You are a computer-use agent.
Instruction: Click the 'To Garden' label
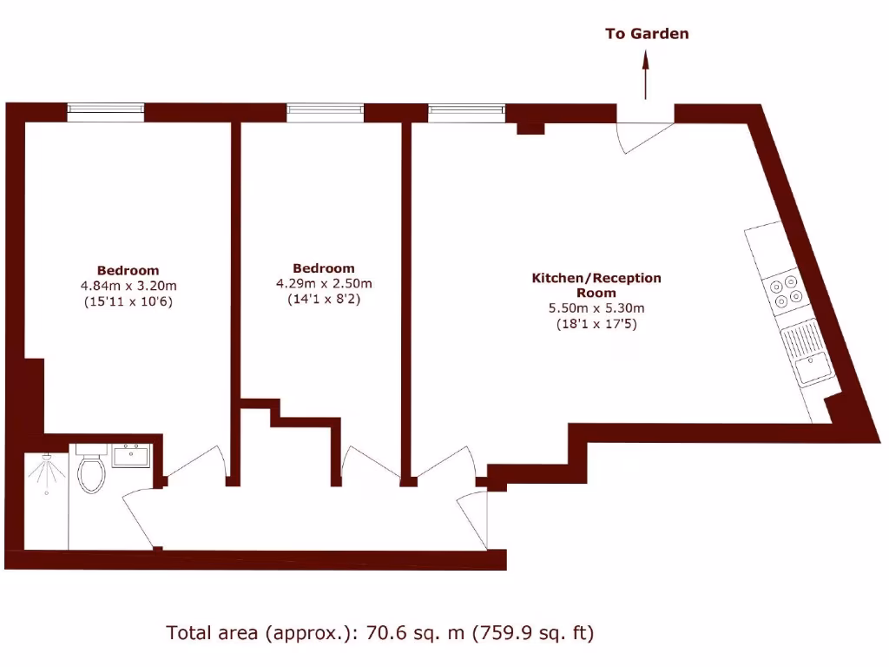(647, 34)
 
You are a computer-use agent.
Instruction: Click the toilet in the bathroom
(90, 471)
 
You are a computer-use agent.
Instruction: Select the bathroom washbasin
(133, 455)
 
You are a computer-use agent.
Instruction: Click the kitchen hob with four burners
(783, 291)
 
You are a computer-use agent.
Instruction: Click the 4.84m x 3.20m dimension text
(128, 286)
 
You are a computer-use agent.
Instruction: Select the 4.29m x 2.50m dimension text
(323, 283)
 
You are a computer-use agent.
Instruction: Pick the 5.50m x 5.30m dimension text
(596, 308)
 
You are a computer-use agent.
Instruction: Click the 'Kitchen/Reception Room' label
(596, 285)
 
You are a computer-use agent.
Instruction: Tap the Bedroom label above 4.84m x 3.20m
(128, 270)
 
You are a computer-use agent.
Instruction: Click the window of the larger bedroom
(106, 109)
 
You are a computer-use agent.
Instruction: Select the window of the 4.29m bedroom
(325, 110)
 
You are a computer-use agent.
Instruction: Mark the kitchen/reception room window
(466, 110)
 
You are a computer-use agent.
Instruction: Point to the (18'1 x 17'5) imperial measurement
(596, 324)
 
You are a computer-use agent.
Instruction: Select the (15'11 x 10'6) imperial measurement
(128, 301)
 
